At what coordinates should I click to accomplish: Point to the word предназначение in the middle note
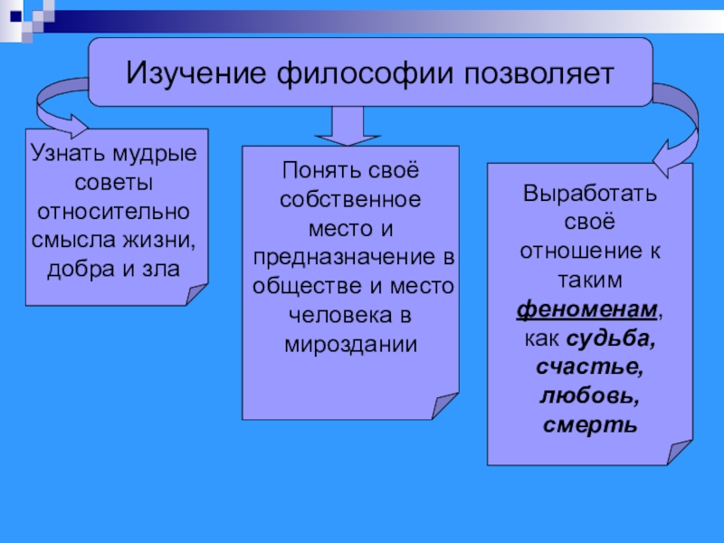pyautogui.click(x=343, y=258)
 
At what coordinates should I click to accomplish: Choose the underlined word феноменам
pyautogui.click(x=587, y=310)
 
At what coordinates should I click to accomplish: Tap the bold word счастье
pyautogui.click(x=589, y=367)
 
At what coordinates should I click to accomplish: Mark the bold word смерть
pyautogui.click(x=589, y=425)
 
